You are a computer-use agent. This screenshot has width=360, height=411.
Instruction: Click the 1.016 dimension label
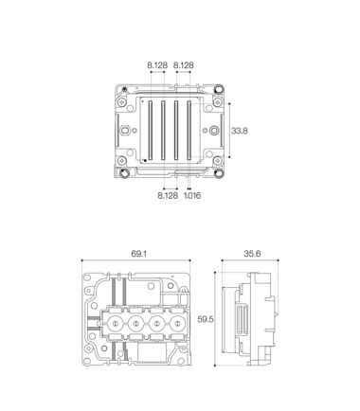[x=192, y=195]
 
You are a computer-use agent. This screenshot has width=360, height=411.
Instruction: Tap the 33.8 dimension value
[x=240, y=131]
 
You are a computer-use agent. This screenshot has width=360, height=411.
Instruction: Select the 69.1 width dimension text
[x=139, y=254]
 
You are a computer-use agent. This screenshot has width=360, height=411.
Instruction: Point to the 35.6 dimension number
[x=252, y=254]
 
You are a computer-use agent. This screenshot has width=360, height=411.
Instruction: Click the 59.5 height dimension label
[x=206, y=319]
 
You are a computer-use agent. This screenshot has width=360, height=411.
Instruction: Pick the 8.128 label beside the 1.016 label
[x=168, y=195]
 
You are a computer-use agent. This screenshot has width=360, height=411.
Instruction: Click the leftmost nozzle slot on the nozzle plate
[x=151, y=130]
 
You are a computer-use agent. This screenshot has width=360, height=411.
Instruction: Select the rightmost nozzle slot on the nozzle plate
[x=189, y=130]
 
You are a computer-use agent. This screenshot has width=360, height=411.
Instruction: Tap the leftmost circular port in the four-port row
[x=116, y=323]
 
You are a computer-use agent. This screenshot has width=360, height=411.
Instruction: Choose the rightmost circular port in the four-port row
[x=178, y=323]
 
